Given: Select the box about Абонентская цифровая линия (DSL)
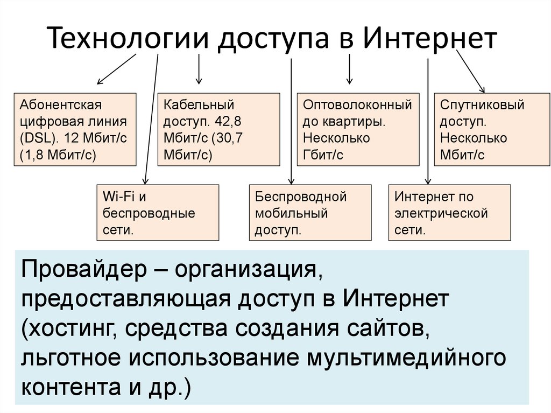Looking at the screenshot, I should coord(74,129).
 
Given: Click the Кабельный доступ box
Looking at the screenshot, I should coord(218,129).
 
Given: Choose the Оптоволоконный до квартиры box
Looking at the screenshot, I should coord(358,129).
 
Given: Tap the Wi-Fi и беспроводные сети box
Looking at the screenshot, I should coord(157,213).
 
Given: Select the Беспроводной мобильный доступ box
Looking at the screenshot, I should coord(310,213).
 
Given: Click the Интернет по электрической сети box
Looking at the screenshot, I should coord(449,213).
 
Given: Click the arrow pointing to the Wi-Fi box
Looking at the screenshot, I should coord(150,118).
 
